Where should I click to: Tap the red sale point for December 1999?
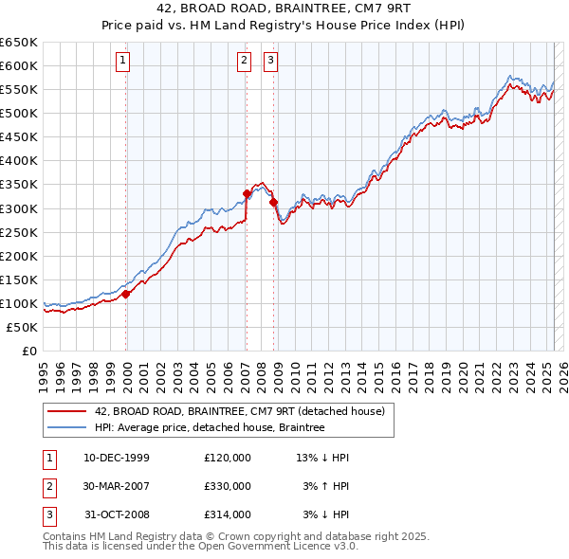pyautogui.click(x=126, y=294)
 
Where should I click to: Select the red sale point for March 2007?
pyautogui.click(x=247, y=193)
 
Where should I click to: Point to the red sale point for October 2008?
pyautogui.click(x=273, y=202)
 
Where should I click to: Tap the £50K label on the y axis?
pyautogui.click(x=23, y=327)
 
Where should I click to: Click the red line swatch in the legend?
pyautogui.click(x=67, y=411)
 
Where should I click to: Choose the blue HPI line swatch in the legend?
pyautogui.click(x=67, y=427)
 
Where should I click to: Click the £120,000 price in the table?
pyautogui.click(x=228, y=458)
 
